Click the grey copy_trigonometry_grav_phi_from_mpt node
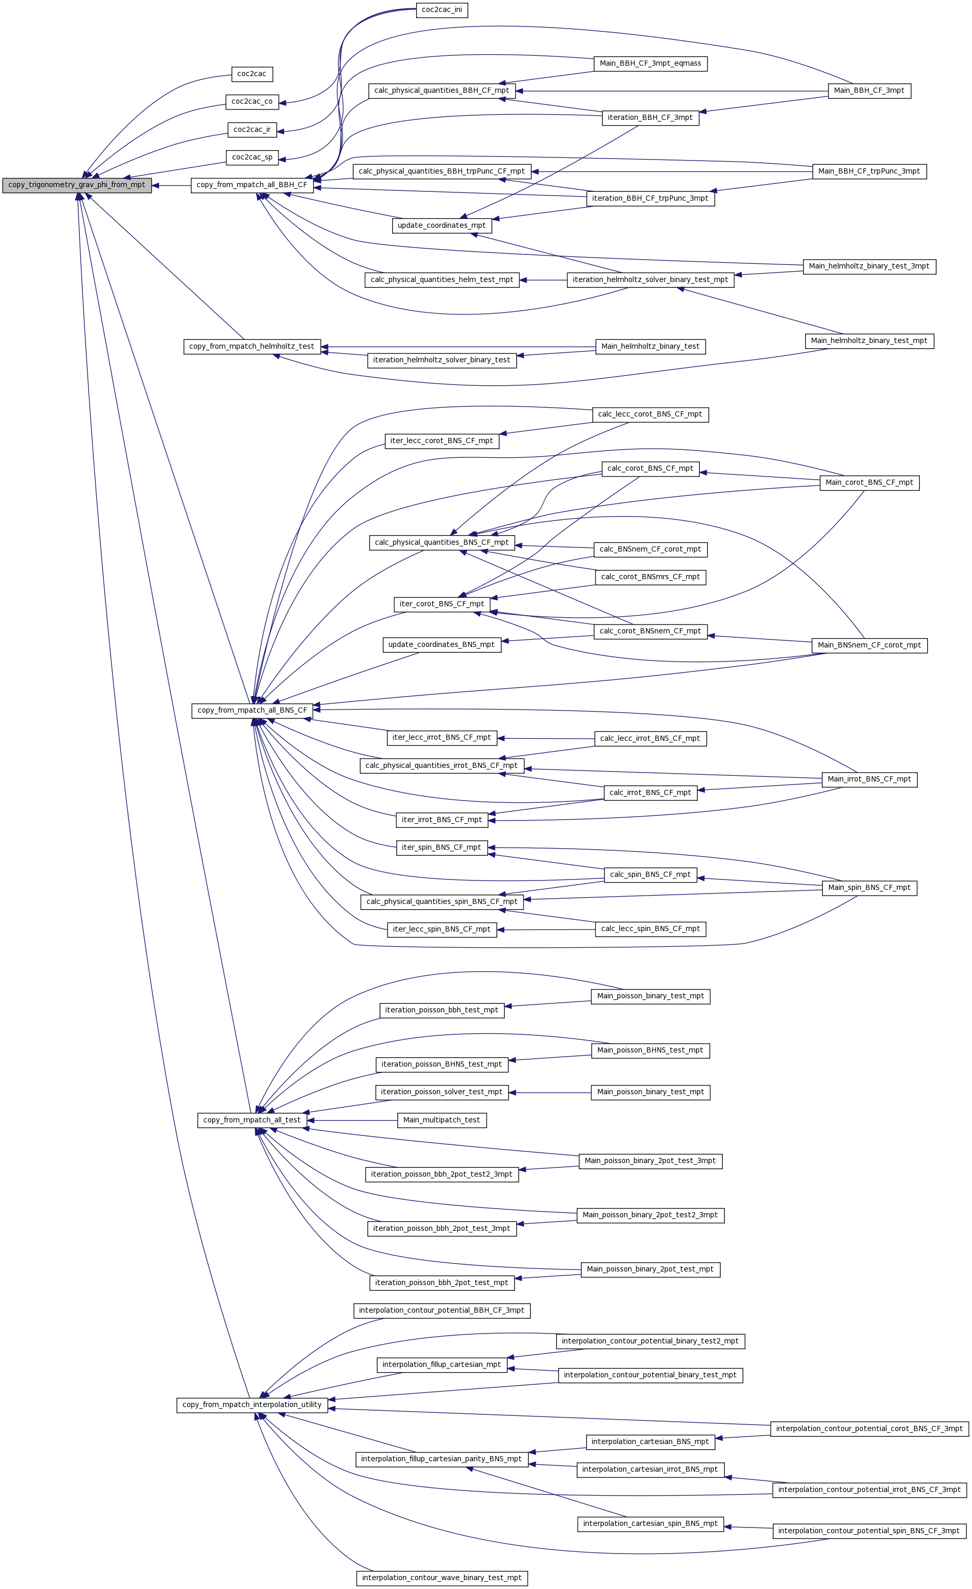(x=77, y=185)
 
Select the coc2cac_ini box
(x=442, y=10)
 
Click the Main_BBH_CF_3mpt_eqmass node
(x=650, y=64)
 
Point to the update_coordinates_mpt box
(x=442, y=226)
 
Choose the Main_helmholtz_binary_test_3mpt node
(x=869, y=266)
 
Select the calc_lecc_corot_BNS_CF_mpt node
(x=650, y=414)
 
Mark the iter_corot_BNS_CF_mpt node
(x=442, y=604)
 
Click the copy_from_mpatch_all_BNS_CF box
(x=252, y=711)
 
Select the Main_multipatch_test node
(x=442, y=1120)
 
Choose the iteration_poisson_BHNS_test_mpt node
(x=442, y=1065)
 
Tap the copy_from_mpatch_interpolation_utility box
(x=252, y=1405)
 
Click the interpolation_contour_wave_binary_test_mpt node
(x=442, y=1578)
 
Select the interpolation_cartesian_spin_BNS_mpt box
(x=650, y=1524)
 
